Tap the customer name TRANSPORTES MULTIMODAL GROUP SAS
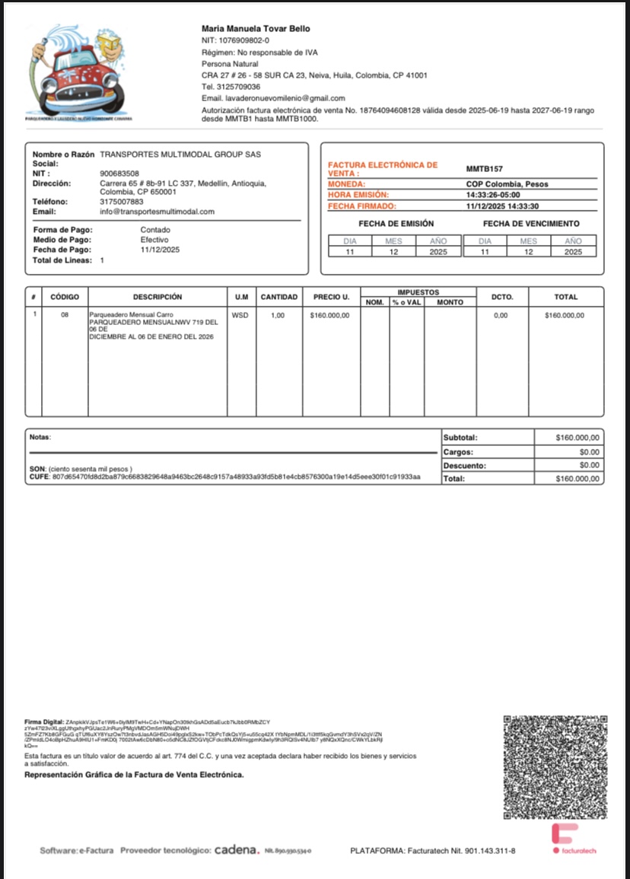click(x=180, y=154)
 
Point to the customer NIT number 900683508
click(x=119, y=174)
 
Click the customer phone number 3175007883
click(x=122, y=202)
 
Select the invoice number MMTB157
click(x=485, y=169)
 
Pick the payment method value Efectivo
click(x=154, y=240)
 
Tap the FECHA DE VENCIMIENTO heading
click(x=531, y=224)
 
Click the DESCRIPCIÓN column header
click(x=157, y=297)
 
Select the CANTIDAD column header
click(x=279, y=297)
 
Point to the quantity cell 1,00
click(x=278, y=315)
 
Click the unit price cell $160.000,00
click(x=329, y=315)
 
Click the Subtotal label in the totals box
click(x=460, y=438)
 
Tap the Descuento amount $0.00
click(x=590, y=465)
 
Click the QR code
click(x=556, y=767)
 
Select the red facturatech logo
click(x=565, y=834)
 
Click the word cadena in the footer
click(x=237, y=849)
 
